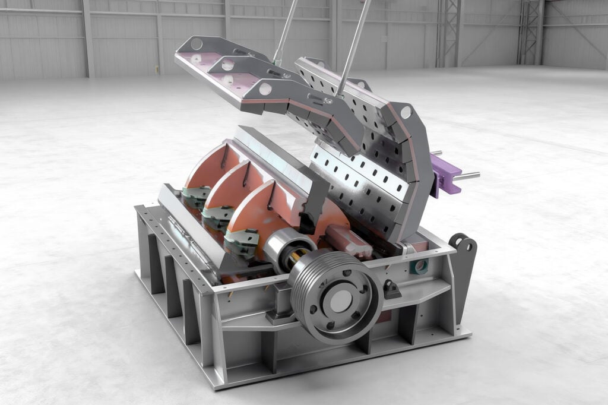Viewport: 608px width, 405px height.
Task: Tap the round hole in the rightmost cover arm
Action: tap(406, 112)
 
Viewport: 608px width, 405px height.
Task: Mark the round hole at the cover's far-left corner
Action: tap(197, 43)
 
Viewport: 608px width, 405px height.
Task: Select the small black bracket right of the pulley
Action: tap(392, 289)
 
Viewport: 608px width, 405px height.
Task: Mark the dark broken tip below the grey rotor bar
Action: tap(308, 223)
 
